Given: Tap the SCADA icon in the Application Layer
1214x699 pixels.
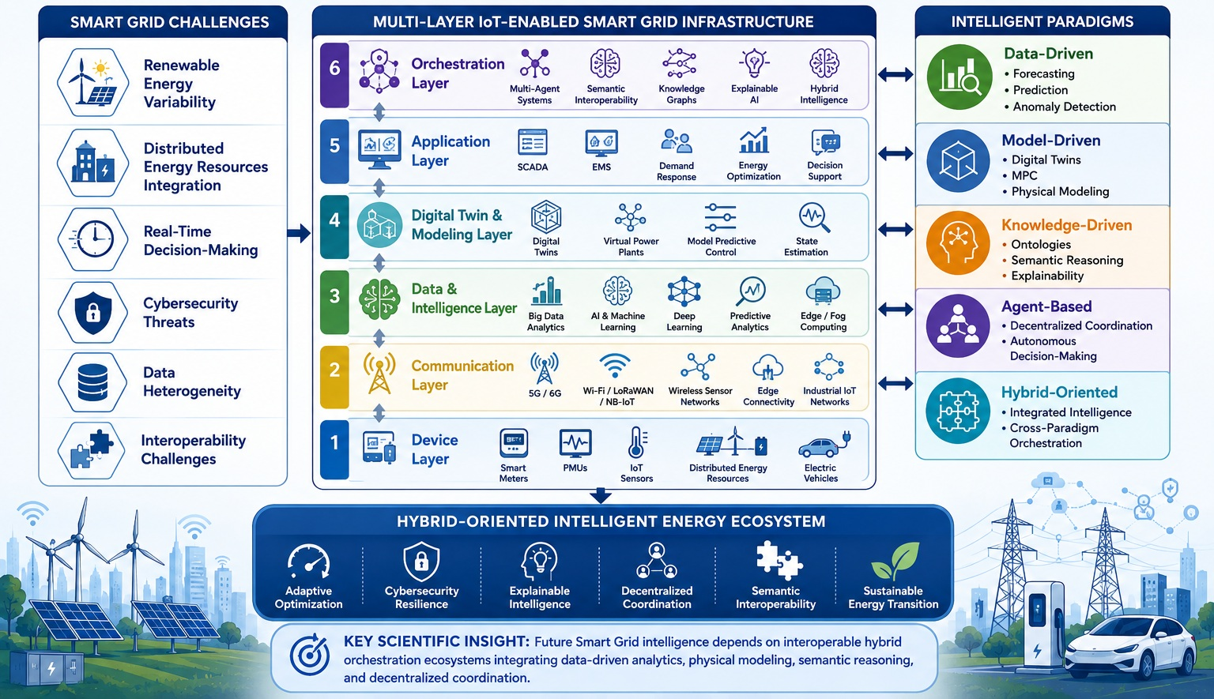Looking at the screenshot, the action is coord(532,143).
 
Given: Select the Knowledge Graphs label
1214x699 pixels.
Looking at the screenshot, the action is coord(681,94).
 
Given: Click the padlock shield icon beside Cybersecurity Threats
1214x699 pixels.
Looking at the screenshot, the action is coord(93,313).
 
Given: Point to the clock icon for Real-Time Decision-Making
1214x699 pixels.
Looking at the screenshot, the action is coord(93,239).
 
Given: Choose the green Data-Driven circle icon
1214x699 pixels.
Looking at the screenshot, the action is coord(959,77).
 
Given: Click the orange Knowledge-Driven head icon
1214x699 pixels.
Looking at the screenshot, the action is coord(958,243).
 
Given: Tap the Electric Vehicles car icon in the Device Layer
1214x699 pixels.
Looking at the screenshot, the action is coord(824,445).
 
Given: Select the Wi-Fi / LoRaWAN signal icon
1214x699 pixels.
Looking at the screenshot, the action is coord(615,366).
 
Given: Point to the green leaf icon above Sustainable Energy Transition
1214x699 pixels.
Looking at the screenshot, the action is coord(895,561).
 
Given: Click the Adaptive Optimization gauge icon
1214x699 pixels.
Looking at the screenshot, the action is coord(308,562).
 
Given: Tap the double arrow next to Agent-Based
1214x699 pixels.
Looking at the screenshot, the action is coord(895,309).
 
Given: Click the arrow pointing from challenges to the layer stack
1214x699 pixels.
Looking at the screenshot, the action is coord(299,233).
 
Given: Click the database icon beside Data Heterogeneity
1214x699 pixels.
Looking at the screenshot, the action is coord(92,381).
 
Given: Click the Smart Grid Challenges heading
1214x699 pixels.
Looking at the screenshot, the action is coord(170,22).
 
